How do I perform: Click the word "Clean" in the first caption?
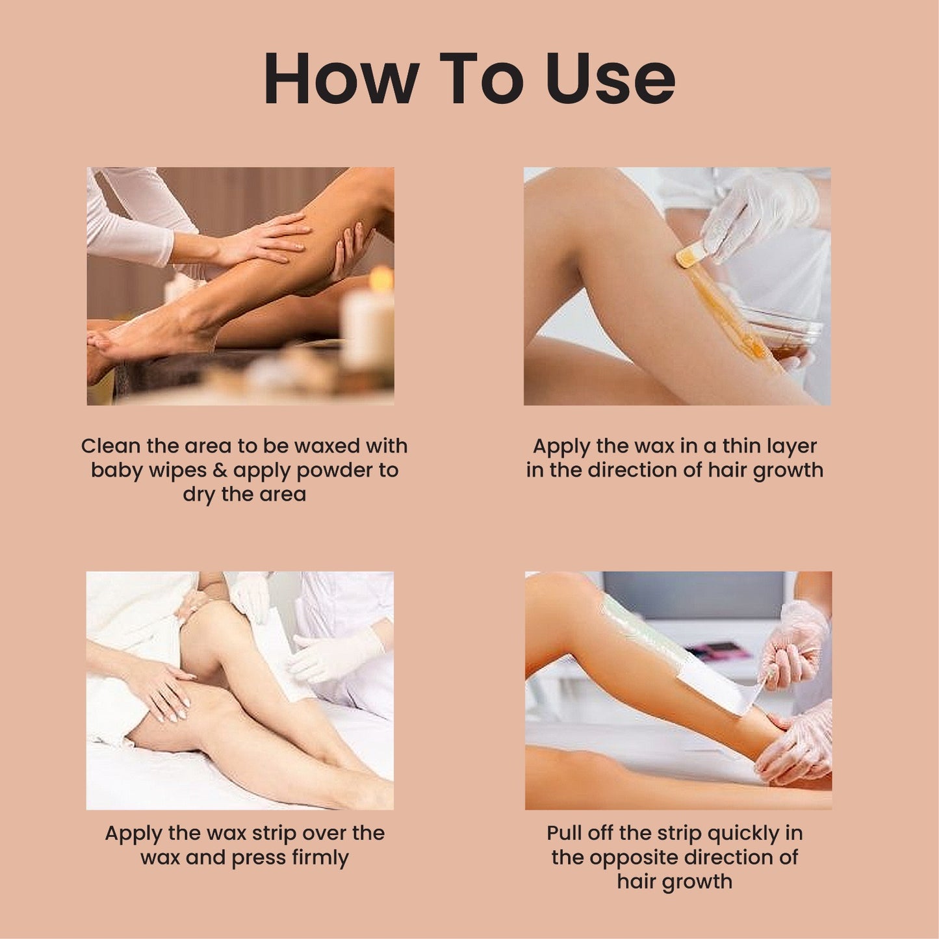point(110,446)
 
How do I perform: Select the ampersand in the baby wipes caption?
point(220,470)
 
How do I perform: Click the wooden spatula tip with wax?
point(689,257)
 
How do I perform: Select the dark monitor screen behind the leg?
point(695,595)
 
